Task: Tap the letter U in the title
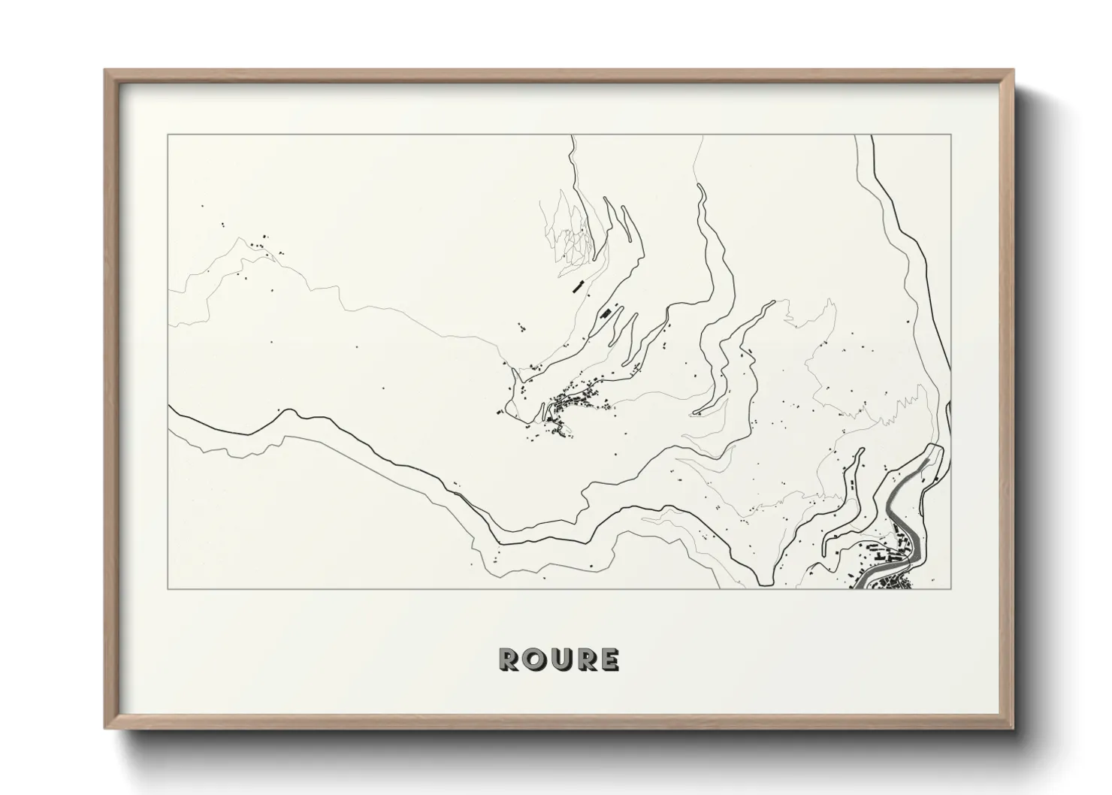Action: tap(559, 660)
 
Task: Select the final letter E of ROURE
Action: tap(609, 660)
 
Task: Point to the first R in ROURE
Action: tap(508, 660)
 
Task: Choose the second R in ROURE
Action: tap(584, 660)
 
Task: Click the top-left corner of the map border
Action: tap(168, 135)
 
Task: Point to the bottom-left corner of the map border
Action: tap(168, 589)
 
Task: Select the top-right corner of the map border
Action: tap(951, 135)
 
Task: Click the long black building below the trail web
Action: tap(578, 286)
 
